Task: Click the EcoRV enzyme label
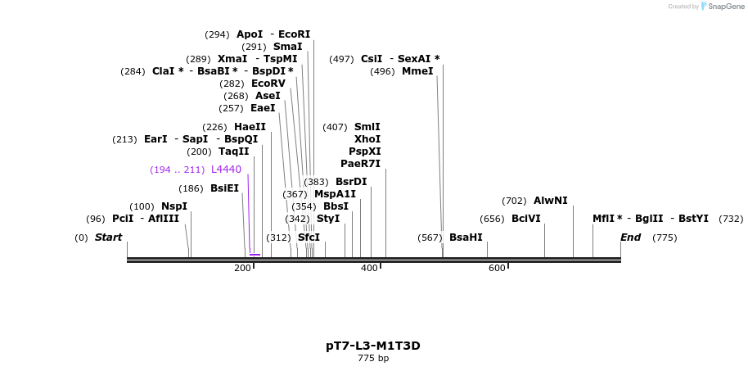point(268,84)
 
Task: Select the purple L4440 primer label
point(226,170)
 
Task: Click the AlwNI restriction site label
point(550,201)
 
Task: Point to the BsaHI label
point(466,238)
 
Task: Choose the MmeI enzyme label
point(417,71)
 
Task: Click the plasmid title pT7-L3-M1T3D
point(373,346)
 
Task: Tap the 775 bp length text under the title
point(373,358)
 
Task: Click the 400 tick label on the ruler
point(369,269)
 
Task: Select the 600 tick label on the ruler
point(497,269)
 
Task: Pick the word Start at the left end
point(108,238)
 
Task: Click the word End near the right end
point(630,238)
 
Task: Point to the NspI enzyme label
point(173,206)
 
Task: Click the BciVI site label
point(526,219)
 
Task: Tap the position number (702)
point(514,201)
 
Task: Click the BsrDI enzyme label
point(351,182)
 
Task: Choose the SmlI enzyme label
point(367,127)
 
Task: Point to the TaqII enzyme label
point(233,152)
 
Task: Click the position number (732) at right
point(731,219)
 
